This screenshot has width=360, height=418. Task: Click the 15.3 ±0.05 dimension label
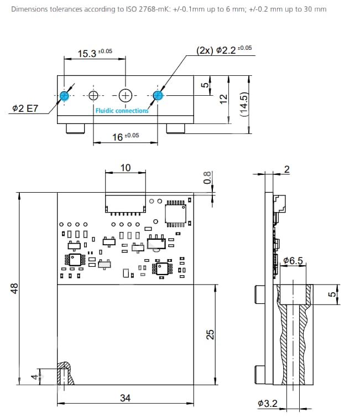tap(95, 53)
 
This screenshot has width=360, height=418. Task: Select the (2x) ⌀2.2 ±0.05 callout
tap(224, 50)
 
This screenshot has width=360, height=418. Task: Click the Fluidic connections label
tap(122, 111)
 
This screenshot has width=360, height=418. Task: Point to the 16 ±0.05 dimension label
tap(126, 136)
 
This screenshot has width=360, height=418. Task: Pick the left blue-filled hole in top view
tap(65, 95)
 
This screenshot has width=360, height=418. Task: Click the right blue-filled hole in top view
tap(158, 95)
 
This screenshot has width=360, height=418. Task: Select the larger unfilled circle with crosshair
tap(126, 95)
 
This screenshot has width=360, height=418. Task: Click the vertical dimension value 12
tap(223, 98)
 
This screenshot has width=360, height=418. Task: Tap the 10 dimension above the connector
tap(126, 167)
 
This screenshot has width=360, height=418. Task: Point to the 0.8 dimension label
tap(207, 178)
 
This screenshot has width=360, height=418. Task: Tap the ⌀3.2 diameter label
tap(268, 404)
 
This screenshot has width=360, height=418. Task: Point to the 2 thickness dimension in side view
tap(286, 169)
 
